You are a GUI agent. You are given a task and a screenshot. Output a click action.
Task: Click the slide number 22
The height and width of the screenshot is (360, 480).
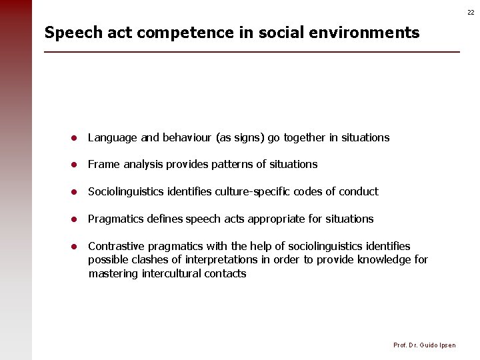[471, 12]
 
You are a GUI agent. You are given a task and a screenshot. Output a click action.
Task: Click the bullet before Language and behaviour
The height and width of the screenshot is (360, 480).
[76, 138]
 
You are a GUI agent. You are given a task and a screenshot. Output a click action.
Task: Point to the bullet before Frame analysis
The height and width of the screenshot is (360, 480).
[76, 165]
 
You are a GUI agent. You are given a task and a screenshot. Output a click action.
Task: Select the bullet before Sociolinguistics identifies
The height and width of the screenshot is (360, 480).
[76, 192]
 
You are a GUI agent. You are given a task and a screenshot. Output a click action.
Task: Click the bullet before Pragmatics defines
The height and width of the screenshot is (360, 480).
[76, 219]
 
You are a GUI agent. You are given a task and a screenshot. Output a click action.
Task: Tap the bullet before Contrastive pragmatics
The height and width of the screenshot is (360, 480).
[76, 247]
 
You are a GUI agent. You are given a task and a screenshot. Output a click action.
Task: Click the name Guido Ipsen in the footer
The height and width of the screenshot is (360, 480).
[438, 345]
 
